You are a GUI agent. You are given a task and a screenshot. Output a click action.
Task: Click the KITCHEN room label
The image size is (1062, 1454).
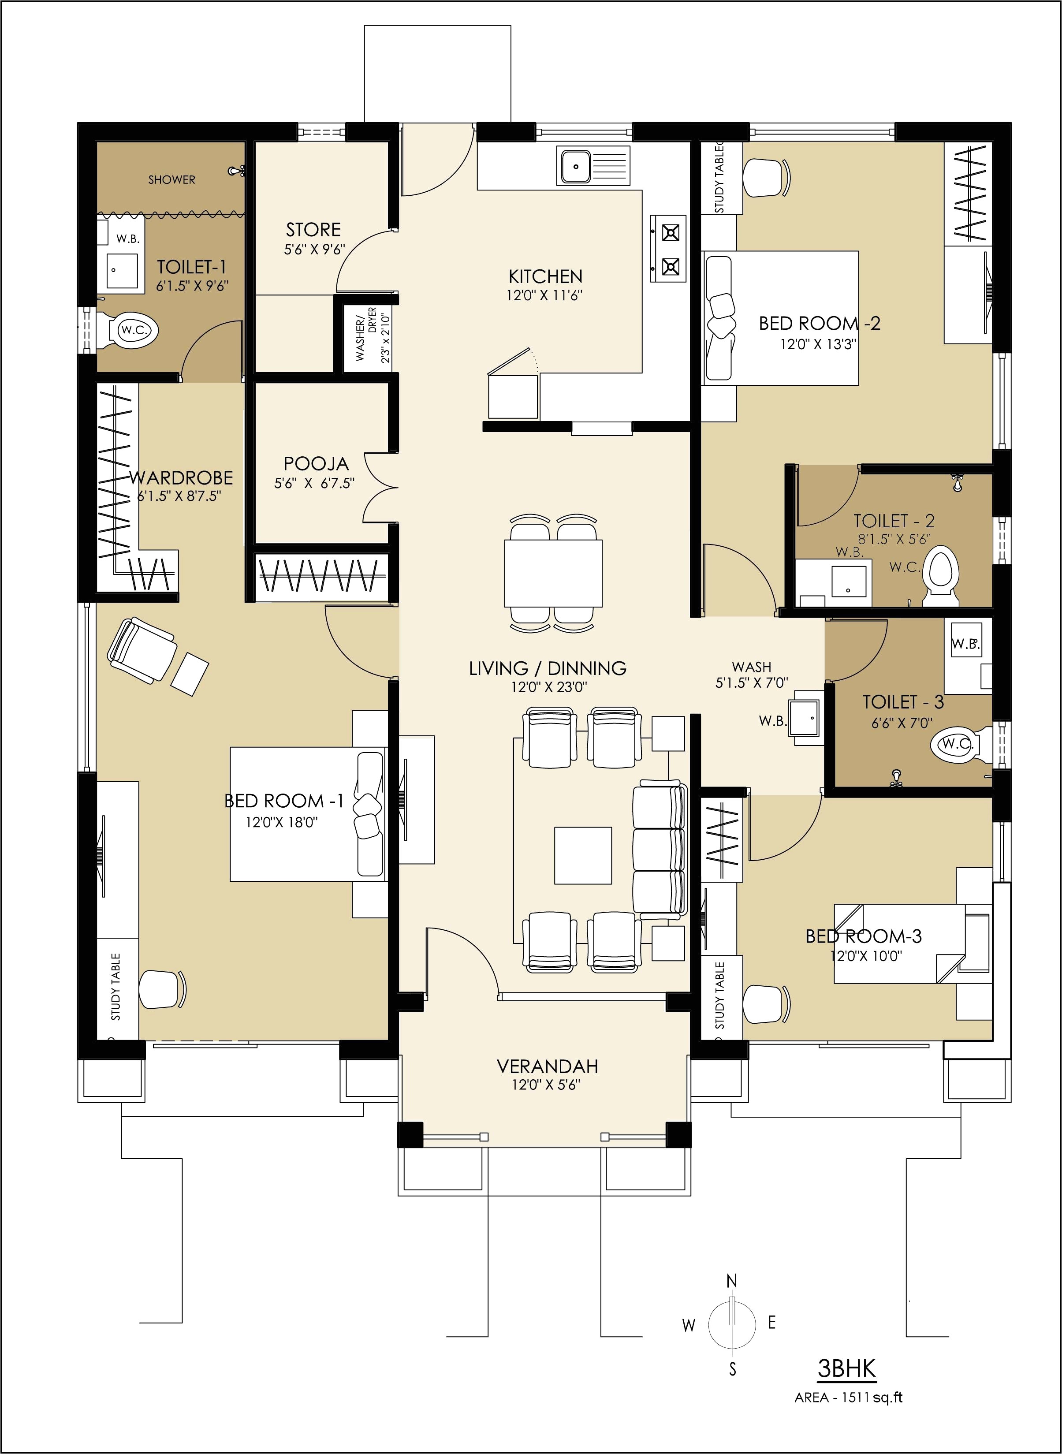pyautogui.click(x=545, y=276)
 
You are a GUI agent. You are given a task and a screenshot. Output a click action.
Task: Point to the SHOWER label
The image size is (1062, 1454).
pyautogui.click(x=171, y=180)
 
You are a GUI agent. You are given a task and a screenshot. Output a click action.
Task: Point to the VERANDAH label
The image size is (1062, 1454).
pyautogui.click(x=547, y=1066)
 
